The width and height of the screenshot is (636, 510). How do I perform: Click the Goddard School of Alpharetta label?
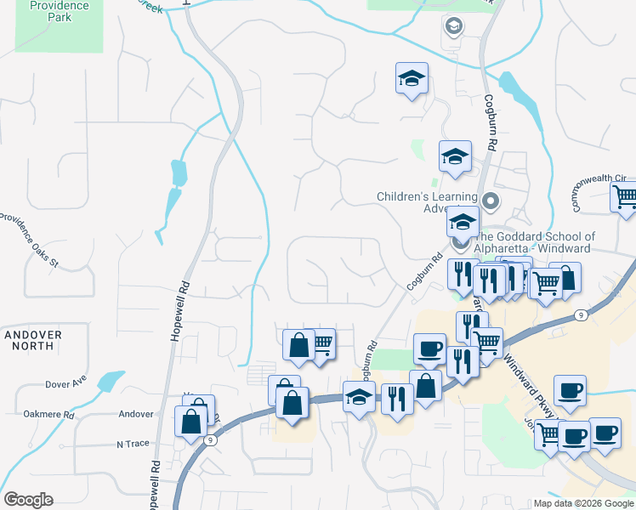(533, 243)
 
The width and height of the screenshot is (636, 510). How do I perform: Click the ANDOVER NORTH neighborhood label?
(33, 341)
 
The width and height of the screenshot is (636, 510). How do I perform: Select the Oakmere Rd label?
(51, 415)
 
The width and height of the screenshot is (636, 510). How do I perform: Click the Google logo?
(28, 500)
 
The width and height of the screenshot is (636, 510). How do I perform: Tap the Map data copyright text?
(584, 503)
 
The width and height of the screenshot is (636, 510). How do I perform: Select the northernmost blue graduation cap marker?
(412, 79)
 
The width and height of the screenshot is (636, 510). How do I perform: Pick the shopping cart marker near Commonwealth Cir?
(625, 196)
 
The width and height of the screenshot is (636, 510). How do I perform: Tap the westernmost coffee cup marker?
(429, 348)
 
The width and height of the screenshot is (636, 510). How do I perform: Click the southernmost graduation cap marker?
(359, 396)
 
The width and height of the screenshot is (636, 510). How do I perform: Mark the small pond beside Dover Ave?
(111, 381)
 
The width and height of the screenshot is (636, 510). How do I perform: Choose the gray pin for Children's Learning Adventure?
(490, 201)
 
